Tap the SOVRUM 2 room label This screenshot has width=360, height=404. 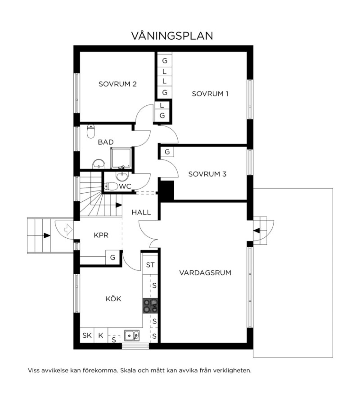tap(118, 84)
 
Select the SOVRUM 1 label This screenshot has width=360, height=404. tap(210, 94)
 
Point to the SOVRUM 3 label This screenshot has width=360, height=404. tap(207, 174)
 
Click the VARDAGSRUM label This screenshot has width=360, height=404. tap(205, 273)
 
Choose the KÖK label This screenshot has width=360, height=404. tap(113, 298)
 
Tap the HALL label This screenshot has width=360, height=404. tap(141, 213)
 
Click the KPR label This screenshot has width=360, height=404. tap(101, 235)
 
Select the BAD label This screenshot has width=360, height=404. tap(106, 142)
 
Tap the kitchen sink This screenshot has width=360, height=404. tap(132, 336)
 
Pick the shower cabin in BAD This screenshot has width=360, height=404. tap(121, 158)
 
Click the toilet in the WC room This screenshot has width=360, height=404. tap(111, 186)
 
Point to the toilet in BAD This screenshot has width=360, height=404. tap(91, 131)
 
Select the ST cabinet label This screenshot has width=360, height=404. tap(150, 265)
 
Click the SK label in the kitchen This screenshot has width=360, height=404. tap(87, 335)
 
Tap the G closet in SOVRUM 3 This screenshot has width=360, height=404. tap(167, 152)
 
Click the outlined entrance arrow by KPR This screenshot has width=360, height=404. tap(68, 230)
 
